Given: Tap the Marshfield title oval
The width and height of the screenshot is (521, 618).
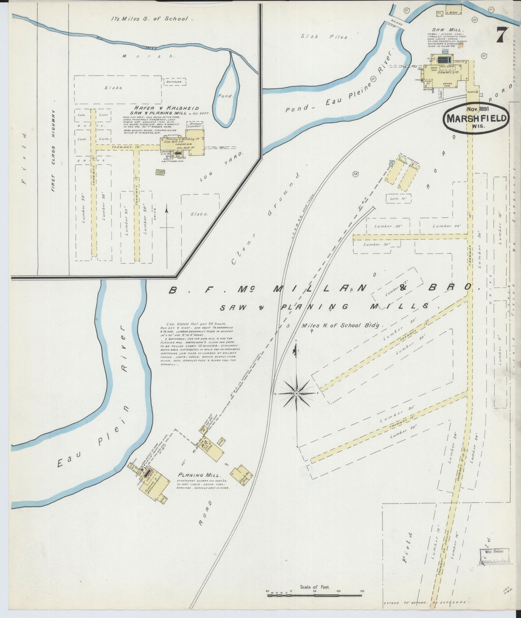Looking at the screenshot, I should (477, 119).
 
